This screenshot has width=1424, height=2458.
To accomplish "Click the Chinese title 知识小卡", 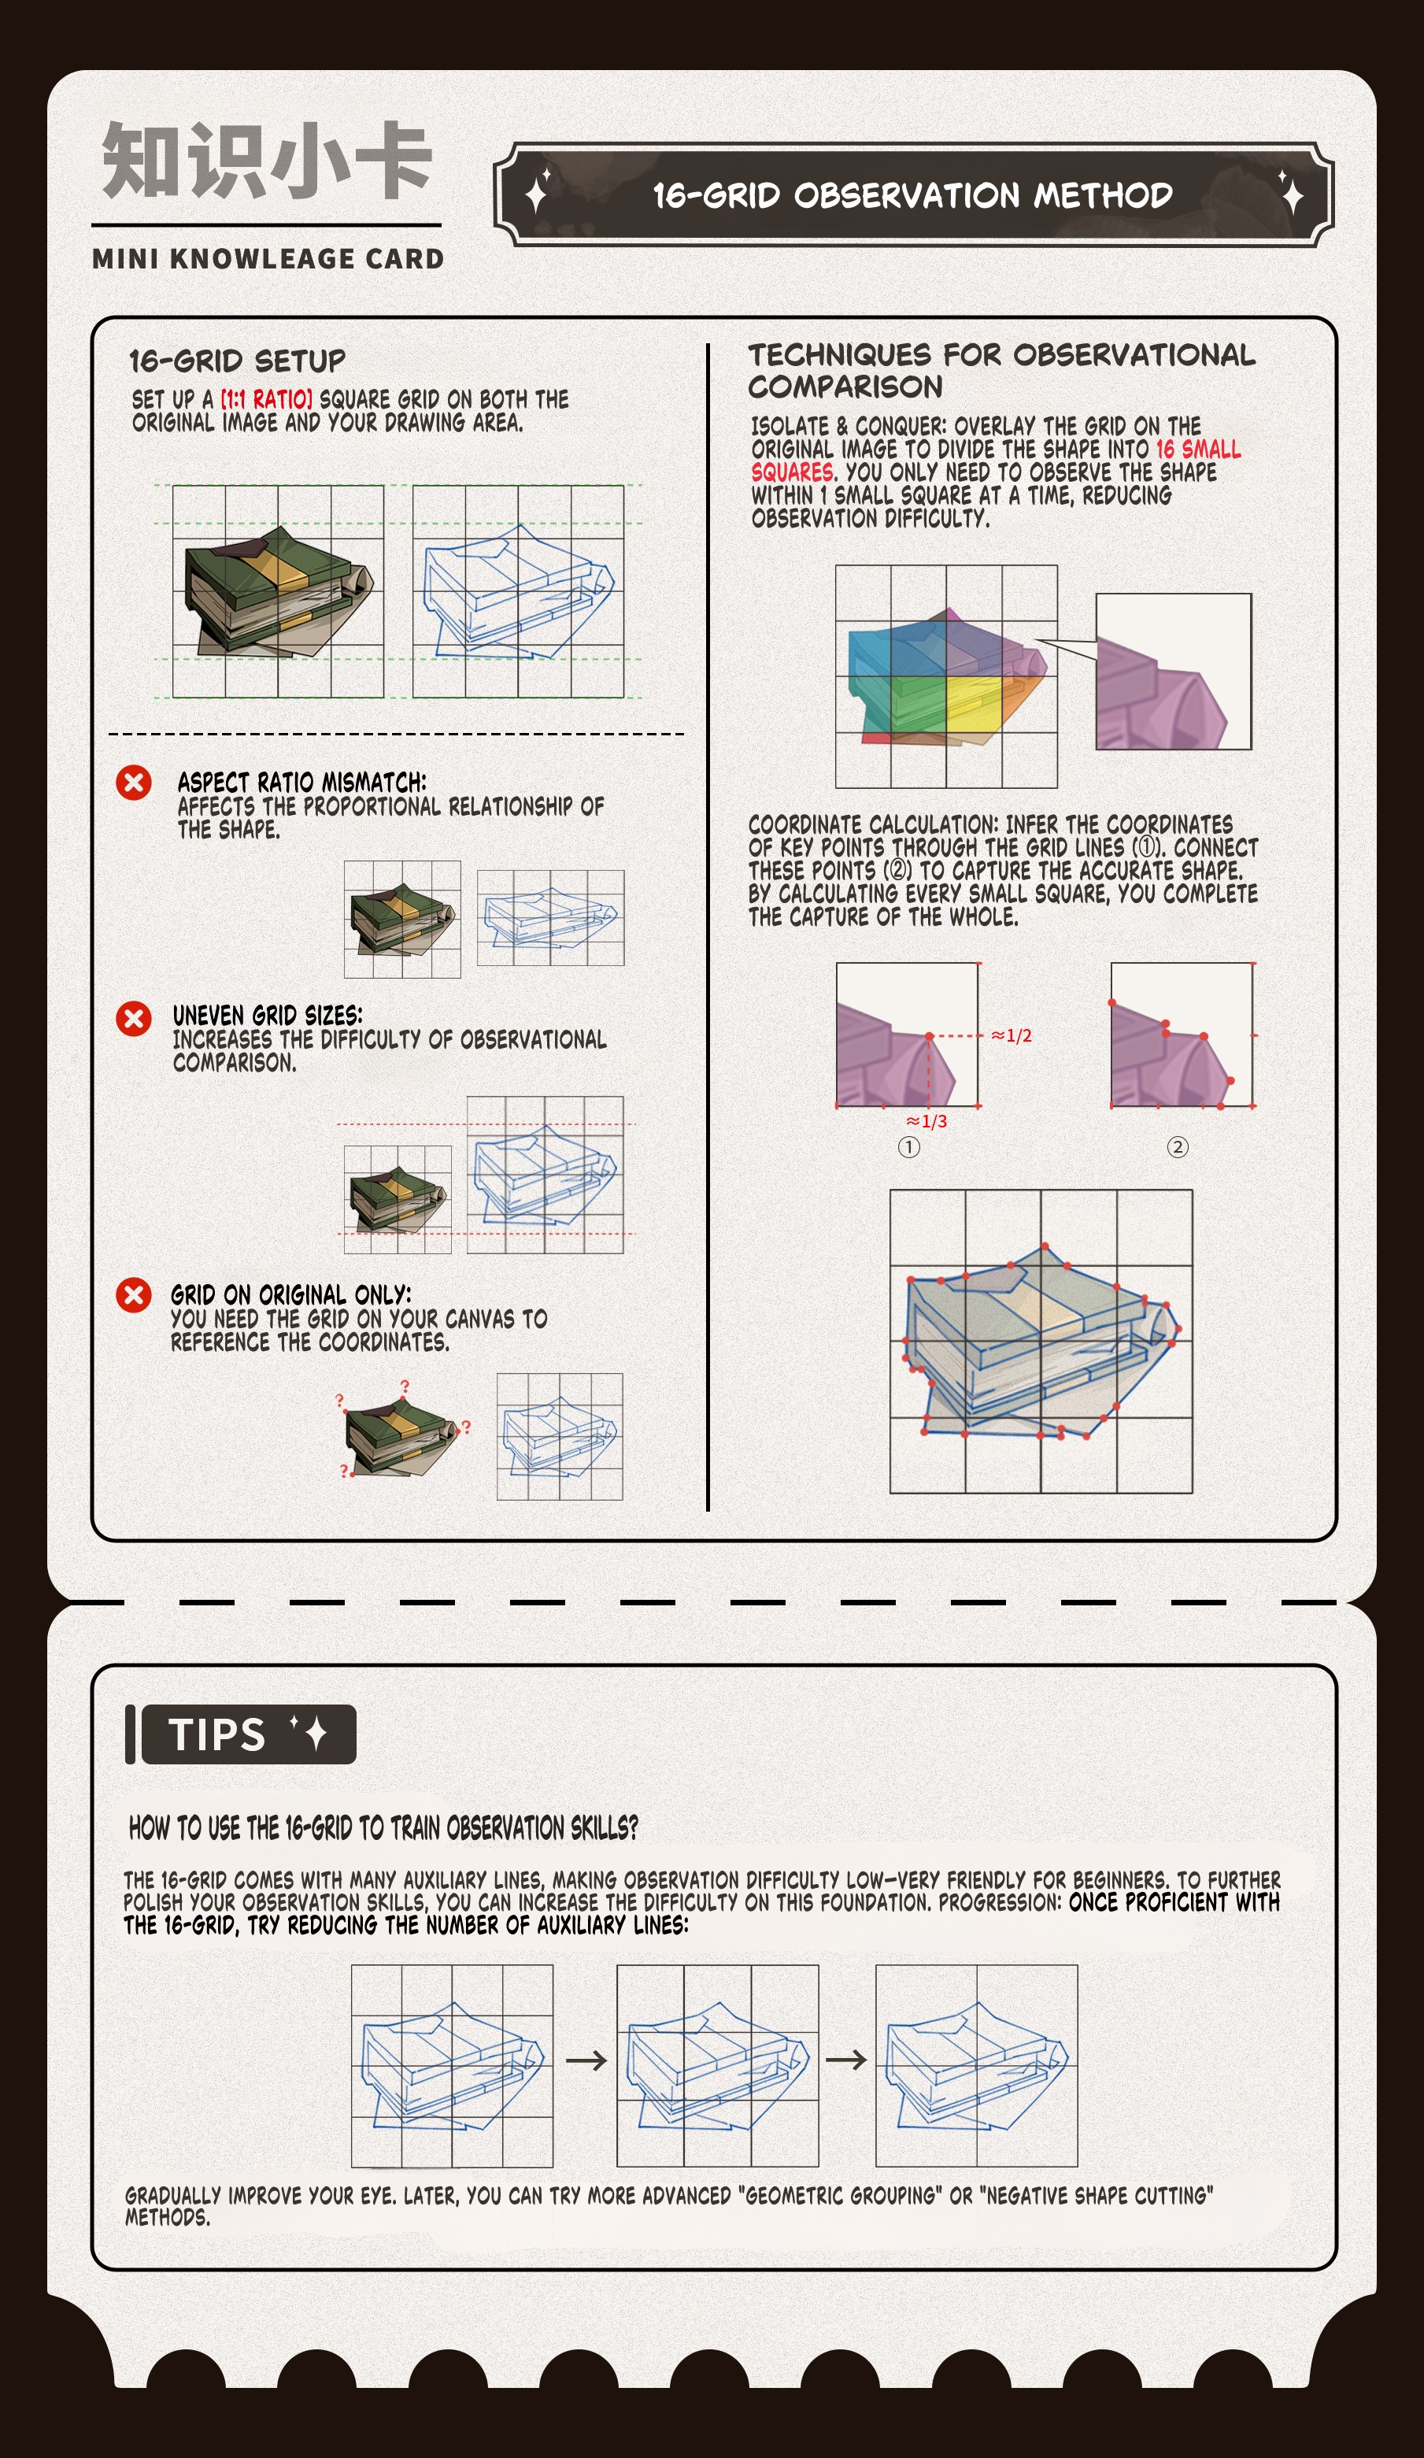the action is click(x=266, y=160).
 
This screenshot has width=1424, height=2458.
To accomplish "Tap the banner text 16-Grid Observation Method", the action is click(x=913, y=195).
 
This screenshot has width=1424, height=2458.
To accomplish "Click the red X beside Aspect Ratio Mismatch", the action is click(x=134, y=783).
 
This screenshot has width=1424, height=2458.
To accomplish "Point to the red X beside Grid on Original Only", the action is click(x=134, y=1295).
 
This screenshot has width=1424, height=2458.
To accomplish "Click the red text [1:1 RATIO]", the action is click(x=266, y=399).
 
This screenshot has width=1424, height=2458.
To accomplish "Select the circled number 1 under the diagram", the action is click(x=909, y=1147).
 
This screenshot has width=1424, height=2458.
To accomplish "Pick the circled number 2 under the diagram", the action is click(x=1178, y=1147).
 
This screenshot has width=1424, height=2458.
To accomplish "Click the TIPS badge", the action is click(x=249, y=1734).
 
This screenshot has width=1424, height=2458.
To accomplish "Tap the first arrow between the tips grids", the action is click(x=586, y=2060).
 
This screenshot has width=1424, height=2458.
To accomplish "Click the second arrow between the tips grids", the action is click(x=845, y=2059).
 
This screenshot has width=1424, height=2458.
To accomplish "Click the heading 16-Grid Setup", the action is click(x=238, y=361).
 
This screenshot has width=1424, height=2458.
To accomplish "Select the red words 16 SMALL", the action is click(x=1199, y=450).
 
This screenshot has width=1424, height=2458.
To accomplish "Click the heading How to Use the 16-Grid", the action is click(x=383, y=1827).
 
